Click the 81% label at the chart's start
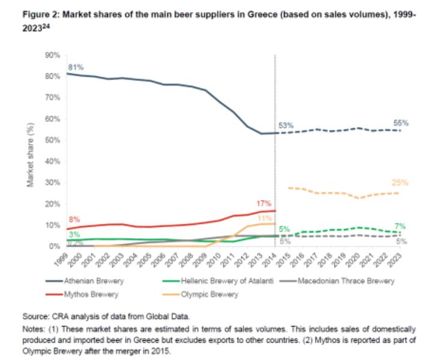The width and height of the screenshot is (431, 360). (x=74, y=66)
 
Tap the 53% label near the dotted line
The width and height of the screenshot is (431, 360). (x=286, y=125)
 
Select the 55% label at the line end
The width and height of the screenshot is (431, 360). (x=401, y=122)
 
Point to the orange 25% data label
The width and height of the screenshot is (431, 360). (x=400, y=182)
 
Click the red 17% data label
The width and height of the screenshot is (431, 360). (x=264, y=203)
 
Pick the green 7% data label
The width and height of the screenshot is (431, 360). (x=400, y=226)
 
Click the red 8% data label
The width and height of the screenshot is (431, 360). (x=74, y=220)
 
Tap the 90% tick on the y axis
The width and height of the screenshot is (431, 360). (x=53, y=55)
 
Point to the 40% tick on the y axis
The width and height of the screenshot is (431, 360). (x=53, y=161)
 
